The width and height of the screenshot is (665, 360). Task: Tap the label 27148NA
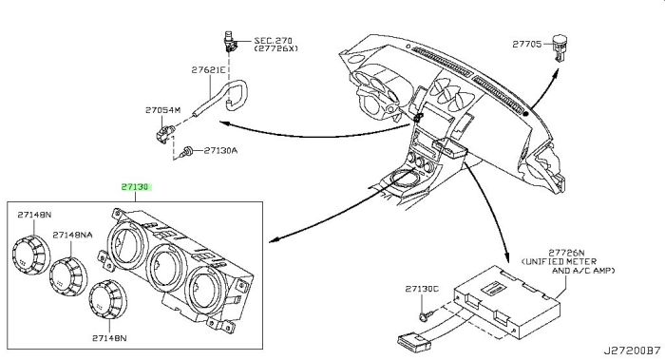[72, 235]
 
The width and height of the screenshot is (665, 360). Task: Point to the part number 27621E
[207, 70]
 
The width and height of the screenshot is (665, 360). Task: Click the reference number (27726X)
[276, 50]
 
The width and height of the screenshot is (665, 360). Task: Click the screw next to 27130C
[419, 313]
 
